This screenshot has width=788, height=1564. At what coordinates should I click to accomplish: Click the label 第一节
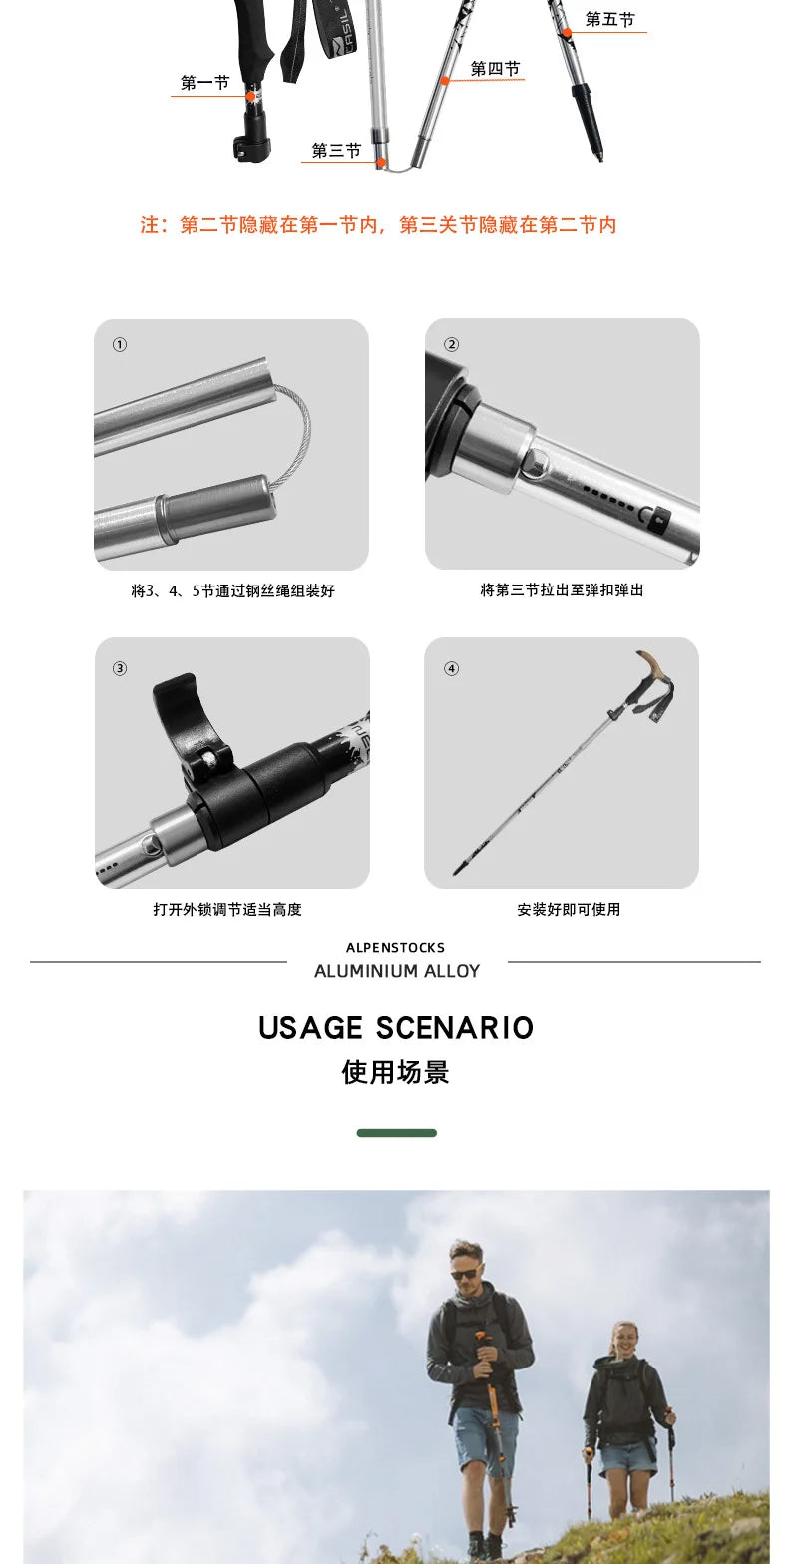click(204, 83)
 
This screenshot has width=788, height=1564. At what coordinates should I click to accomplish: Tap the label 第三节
click(336, 151)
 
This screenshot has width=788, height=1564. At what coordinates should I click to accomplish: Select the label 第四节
click(495, 69)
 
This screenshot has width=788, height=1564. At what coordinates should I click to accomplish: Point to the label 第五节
click(609, 20)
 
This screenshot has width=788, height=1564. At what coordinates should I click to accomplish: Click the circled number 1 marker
click(120, 345)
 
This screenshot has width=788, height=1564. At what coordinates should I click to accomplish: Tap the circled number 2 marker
click(452, 345)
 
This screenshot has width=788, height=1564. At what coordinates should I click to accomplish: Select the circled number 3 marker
click(120, 669)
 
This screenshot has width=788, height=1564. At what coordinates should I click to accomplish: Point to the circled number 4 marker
click(452, 669)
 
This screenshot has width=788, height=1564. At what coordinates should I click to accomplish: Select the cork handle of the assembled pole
click(652, 663)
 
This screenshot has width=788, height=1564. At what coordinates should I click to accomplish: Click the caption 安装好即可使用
click(569, 909)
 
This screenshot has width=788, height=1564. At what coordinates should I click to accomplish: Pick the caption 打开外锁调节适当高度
click(227, 909)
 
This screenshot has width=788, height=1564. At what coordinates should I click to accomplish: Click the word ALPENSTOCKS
click(395, 948)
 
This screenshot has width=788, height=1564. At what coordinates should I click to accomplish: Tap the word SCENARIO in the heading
click(455, 1028)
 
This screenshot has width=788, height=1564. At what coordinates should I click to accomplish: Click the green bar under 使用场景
click(396, 1132)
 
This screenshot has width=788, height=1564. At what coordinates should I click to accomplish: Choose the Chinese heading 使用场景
click(395, 1072)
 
